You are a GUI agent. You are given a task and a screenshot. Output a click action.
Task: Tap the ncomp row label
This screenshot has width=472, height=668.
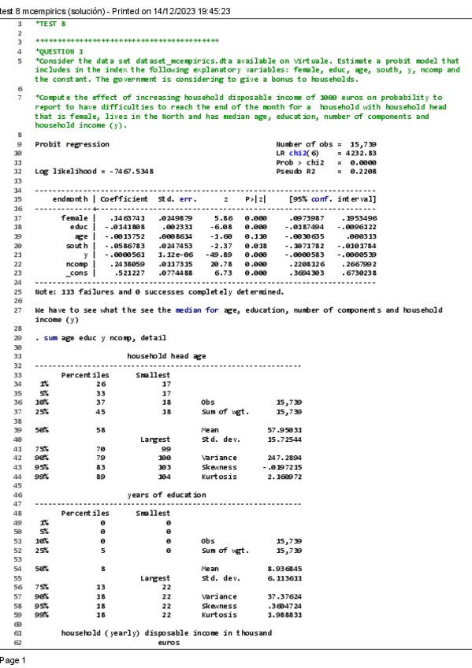76,265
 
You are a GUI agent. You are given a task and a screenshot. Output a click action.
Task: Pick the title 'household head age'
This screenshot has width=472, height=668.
166,356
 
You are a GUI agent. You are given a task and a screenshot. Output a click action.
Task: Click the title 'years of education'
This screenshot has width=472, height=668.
166,495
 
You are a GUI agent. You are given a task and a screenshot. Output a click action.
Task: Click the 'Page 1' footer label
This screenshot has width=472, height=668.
14,660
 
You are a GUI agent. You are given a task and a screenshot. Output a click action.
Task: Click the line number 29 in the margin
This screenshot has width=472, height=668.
17,337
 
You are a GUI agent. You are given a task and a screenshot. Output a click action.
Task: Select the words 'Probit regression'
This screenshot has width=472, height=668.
72,144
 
